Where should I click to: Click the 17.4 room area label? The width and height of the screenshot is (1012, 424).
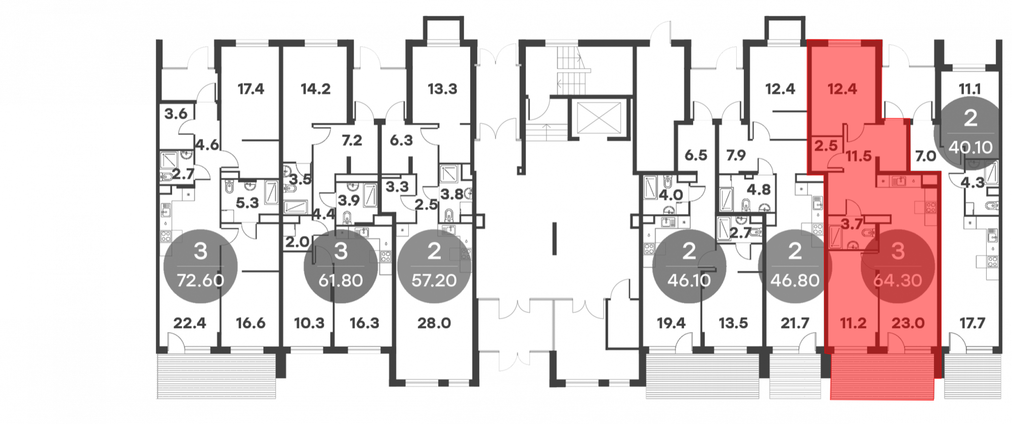tap(251, 89)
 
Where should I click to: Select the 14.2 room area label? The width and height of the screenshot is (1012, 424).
tap(315, 89)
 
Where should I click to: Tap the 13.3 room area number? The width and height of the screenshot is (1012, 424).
tap(442, 89)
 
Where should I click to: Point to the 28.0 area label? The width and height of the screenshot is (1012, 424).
tap(434, 323)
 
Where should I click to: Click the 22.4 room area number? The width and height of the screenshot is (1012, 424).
tap(190, 323)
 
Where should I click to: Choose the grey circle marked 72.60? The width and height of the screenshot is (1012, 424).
tap(200, 266)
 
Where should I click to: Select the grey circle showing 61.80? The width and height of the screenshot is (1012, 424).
tap(341, 266)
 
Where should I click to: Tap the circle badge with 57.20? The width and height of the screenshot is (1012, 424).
tap(434, 266)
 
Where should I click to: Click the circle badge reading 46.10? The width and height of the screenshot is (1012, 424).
tap(689, 266)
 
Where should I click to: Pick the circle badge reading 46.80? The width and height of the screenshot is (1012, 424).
tap(795, 266)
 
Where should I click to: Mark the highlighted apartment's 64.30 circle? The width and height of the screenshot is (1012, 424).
tap(898, 266)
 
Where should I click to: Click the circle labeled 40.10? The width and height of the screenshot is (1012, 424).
tap(971, 133)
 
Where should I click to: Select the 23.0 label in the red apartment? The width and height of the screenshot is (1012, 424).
tap(908, 323)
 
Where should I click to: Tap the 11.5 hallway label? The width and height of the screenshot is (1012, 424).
tap(859, 156)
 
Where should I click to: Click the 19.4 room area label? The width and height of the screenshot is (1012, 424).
tap(671, 323)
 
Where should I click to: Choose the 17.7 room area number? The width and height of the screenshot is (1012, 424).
tap(972, 323)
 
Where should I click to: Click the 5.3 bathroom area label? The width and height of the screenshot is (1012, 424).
tap(247, 203)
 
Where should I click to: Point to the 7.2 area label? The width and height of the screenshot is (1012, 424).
tap(352, 140)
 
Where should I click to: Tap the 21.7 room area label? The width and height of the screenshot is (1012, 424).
tap(795, 323)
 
